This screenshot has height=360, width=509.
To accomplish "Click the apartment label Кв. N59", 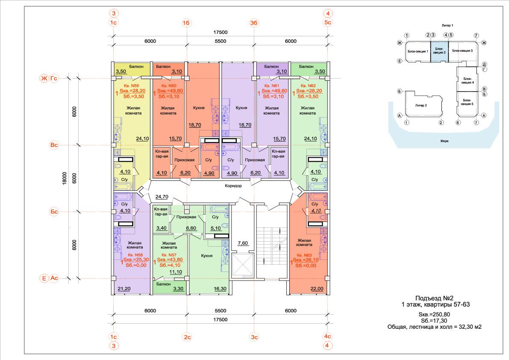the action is tap(133, 86).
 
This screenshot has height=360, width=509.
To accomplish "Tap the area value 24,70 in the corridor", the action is tap(162, 197).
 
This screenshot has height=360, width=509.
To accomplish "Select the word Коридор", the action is tap(233, 186).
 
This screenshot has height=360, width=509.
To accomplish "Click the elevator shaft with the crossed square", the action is tap(242, 265).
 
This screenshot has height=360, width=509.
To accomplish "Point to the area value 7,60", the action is tap(243, 243).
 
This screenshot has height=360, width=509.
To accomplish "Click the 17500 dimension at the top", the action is tap(221, 32).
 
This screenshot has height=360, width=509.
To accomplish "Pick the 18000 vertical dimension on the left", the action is tap(64, 178).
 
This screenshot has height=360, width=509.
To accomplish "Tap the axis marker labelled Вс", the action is tap(54, 145).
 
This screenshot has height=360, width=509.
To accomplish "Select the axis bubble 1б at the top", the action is tap(186, 23).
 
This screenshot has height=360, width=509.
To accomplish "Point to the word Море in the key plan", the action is tap(444, 141).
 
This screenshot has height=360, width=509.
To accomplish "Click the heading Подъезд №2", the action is tap(434, 298).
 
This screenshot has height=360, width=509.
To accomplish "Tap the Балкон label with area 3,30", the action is tap(163, 284).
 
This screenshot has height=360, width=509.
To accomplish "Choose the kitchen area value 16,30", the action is tap(220, 289).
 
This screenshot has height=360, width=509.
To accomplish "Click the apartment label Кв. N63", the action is tap(304, 255).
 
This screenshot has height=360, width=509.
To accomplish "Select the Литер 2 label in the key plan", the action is tap(421, 106).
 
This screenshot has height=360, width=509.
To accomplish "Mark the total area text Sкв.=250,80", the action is tap(434, 314).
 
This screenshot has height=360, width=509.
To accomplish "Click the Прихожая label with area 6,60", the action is tap(186, 217).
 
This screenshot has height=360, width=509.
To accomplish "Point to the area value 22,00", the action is tap(317, 289).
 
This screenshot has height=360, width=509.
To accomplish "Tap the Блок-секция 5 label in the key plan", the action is tap(467, 102).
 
